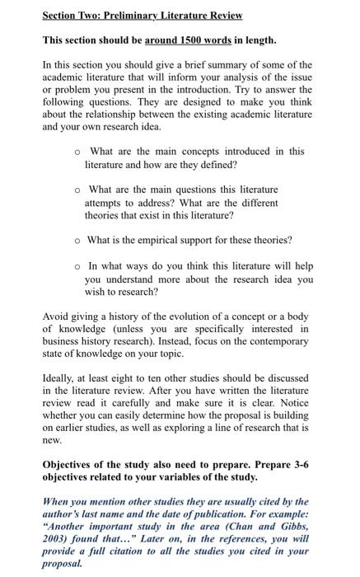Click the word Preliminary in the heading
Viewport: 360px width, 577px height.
click(134, 16)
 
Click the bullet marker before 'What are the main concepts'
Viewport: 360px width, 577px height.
click(77, 152)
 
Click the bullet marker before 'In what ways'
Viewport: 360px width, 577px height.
click(77, 265)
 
